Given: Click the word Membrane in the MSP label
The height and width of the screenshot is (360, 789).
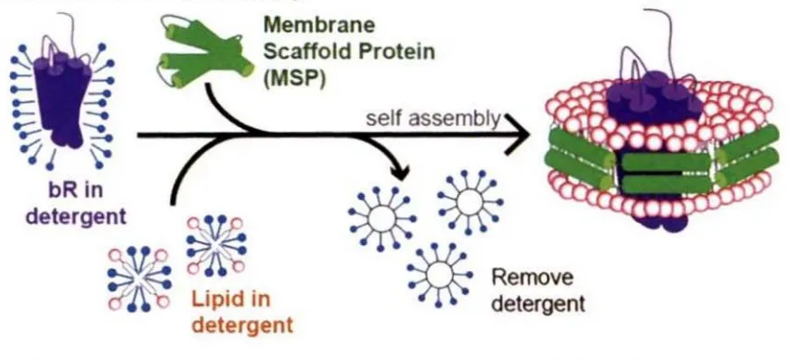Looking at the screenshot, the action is [x=319, y=25].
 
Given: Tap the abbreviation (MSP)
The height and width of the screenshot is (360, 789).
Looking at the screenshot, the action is [x=293, y=79].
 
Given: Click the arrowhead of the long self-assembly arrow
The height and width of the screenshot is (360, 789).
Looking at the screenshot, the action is [x=518, y=135].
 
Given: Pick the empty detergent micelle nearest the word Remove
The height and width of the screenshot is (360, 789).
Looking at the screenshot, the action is [x=439, y=274].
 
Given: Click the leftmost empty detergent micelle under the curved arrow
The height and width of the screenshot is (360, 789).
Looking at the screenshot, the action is [x=382, y=220].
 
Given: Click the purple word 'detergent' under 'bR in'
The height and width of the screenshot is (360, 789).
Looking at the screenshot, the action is [x=76, y=217].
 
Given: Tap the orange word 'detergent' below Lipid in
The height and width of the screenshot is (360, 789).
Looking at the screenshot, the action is [x=242, y=326].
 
